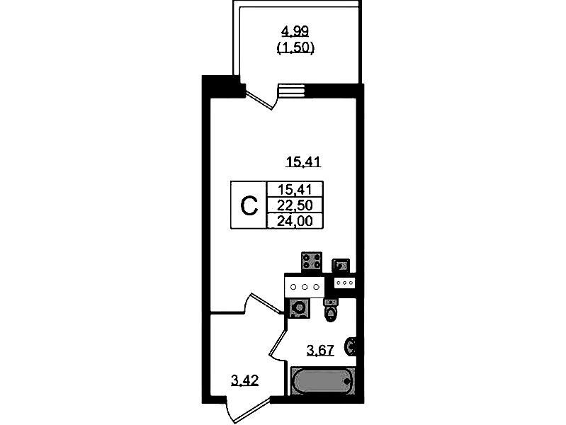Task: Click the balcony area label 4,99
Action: (x=295, y=31)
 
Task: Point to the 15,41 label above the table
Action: (x=303, y=161)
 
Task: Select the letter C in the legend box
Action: (x=249, y=206)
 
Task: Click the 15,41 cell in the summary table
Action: (x=295, y=189)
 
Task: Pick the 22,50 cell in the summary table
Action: (x=295, y=205)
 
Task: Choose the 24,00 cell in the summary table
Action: (x=295, y=220)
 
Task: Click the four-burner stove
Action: (x=312, y=261)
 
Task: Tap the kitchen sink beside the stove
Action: (x=341, y=266)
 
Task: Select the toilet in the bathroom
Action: (x=331, y=310)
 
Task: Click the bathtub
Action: (x=323, y=381)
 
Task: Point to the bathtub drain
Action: (x=347, y=381)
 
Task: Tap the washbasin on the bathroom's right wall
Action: (x=351, y=346)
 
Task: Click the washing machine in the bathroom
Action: (x=299, y=308)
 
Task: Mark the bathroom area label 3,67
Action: (x=320, y=350)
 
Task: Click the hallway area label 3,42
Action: (x=244, y=380)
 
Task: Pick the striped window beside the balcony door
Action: (x=292, y=91)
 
